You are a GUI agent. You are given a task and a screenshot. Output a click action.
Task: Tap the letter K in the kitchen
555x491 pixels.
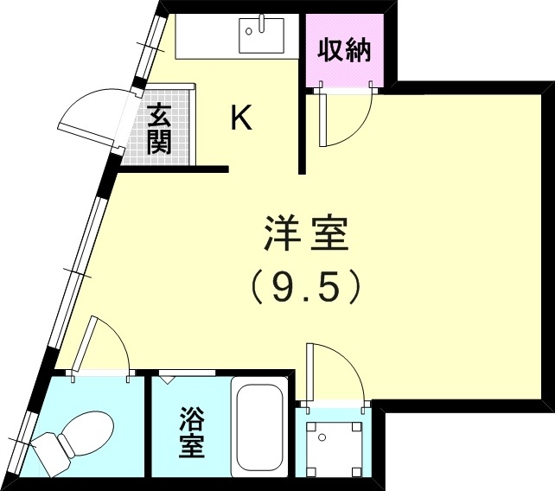(x=240, y=118)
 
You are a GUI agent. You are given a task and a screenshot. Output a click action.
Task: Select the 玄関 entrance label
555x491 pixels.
(x=159, y=129)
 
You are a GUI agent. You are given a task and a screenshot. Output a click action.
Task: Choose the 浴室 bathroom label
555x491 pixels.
(x=191, y=434)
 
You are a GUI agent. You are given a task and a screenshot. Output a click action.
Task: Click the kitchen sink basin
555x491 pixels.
(x=260, y=35)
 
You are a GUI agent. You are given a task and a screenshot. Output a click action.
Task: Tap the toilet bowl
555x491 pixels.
(x=85, y=430)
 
